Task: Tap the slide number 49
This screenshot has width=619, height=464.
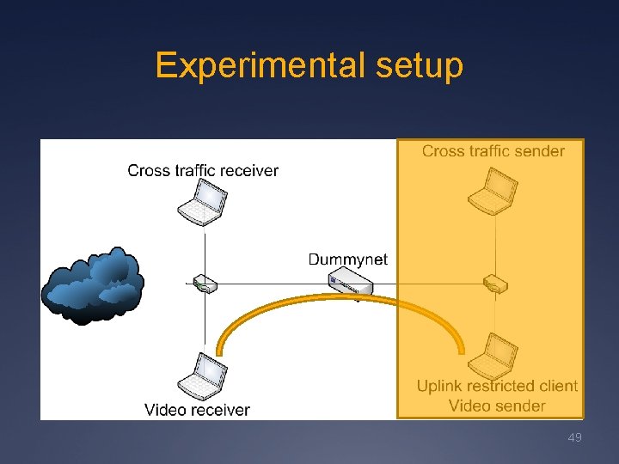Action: click(575, 438)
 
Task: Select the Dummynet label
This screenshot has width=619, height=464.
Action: click(347, 259)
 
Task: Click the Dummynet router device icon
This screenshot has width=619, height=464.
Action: click(352, 282)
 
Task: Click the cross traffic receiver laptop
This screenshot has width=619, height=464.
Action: click(203, 204)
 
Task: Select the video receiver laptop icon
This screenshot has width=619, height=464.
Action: click(203, 375)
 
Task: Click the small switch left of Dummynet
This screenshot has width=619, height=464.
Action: click(204, 284)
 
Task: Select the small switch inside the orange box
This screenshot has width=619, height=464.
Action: click(495, 284)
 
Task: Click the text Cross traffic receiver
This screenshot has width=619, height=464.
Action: click(203, 170)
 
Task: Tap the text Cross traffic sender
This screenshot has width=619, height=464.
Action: click(493, 151)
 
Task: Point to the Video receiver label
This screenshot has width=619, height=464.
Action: click(197, 410)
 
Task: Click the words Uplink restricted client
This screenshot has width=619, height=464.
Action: click(497, 386)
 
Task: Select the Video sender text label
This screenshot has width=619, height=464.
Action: click(497, 406)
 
